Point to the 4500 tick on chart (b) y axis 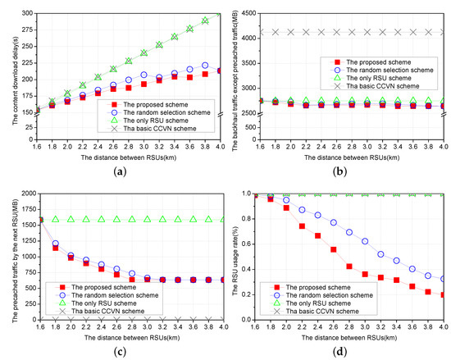[x=240, y=13]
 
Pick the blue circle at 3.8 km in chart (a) [x=205, y=66]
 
